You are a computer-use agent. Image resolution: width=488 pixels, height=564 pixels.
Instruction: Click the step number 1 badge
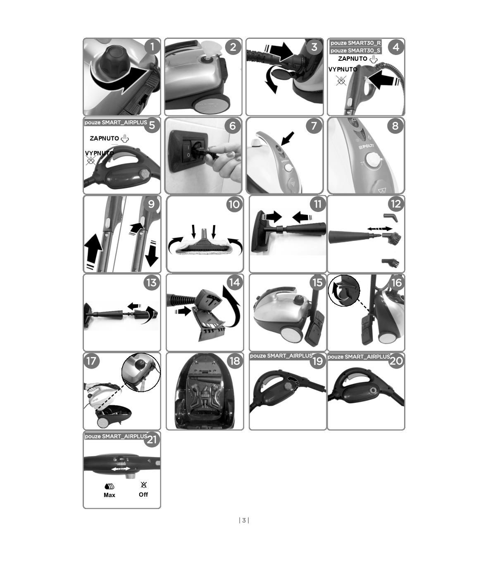tap(152, 47)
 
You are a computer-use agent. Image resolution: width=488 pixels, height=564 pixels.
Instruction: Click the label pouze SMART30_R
tap(355, 43)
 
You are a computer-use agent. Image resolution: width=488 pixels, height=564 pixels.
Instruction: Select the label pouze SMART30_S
tap(355, 50)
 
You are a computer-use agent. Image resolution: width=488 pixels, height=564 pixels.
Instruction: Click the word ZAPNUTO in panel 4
tap(352, 59)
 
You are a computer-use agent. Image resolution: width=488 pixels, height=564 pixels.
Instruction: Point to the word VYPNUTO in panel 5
tap(99, 153)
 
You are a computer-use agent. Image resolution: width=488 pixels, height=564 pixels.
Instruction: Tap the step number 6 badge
tap(233, 126)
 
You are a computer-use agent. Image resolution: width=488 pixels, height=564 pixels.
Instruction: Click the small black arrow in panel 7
tap(288, 138)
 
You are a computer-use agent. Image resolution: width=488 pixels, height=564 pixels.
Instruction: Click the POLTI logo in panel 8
tap(367, 148)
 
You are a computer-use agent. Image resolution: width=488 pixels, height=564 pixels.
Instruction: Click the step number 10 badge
tap(234, 204)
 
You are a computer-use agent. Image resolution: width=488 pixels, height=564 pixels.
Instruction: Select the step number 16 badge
tap(396, 282)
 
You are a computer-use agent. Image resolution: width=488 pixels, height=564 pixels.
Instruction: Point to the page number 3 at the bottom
tap(244, 520)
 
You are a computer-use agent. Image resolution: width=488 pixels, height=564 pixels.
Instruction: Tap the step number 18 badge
tap(235, 361)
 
